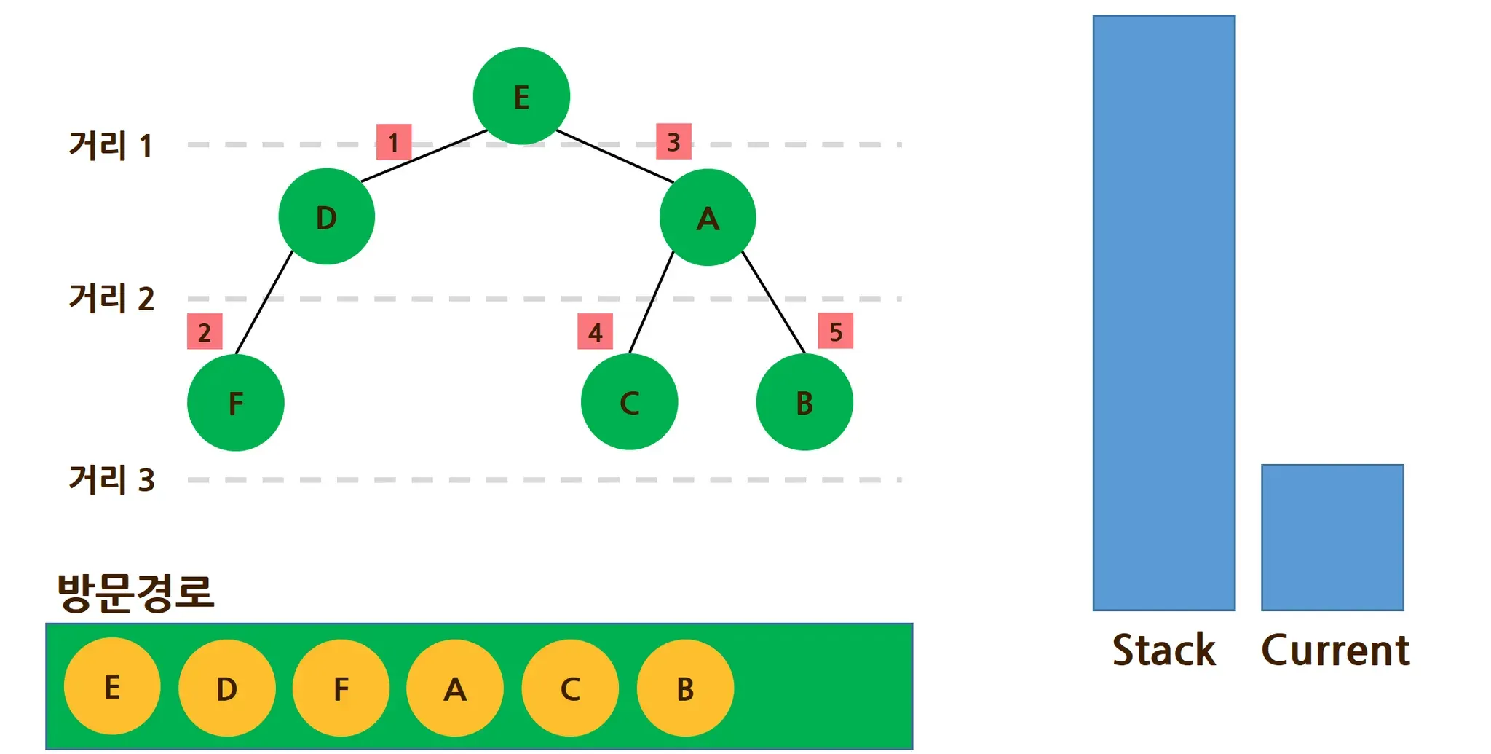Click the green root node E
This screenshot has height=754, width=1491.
(x=521, y=96)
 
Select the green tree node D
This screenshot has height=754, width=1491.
(x=326, y=216)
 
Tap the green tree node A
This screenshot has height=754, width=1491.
(x=708, y=217)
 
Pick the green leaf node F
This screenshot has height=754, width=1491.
(x=235, y=402)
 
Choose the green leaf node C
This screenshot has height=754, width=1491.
(x=629, y=401)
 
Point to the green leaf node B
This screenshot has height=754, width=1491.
(x=804, y=401)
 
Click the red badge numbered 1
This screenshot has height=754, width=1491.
(x=394, y=142)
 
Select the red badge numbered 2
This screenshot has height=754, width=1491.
(x=205, y=331)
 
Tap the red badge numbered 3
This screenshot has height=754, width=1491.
(x=673, y=141)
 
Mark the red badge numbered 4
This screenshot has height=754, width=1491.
(x=595, y=331)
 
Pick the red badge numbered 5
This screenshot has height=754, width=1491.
(x=835, y=331)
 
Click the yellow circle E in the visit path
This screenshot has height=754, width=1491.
(x=112, y=686)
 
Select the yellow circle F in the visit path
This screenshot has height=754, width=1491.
(x=341, y=688)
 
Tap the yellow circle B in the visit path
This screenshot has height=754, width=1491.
(x=685, y=688)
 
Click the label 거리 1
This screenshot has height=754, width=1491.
(x=111, y=146)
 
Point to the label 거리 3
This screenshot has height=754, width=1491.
(x=111, y=479)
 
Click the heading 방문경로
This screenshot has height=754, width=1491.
(x=135, y=592)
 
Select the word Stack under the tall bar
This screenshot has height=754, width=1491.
(x=1163, y=650)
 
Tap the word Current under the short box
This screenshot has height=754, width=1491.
(x=1335, y=650)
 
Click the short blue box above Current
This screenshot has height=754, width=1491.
(x=1332, y=537)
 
